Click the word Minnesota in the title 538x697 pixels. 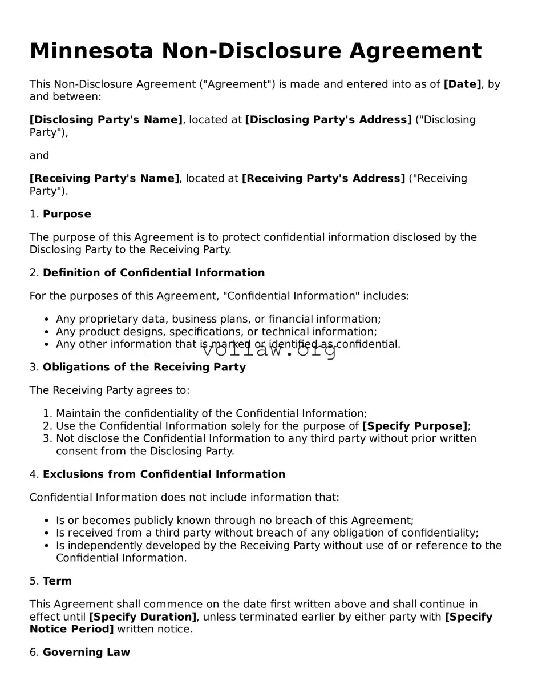(91, 51)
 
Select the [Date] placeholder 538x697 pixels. (462, 84)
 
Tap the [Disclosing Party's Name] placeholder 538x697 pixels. (106, 120)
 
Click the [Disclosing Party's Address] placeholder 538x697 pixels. (328, 120)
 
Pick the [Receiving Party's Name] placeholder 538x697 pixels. (104, 179)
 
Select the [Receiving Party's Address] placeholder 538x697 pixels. (323, 179)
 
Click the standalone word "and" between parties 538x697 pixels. (39, 156)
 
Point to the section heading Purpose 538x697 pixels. (67, 215)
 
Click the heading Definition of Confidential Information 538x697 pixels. (153, 273)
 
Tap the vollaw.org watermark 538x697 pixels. (269, 350)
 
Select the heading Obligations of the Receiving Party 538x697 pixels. (144, 368)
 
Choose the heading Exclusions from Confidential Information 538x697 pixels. (164, 474)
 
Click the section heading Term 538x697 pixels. (57, 581)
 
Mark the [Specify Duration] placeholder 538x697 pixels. (143, 617)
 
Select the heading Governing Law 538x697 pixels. (86, 652)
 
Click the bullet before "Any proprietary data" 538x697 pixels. (46, 320)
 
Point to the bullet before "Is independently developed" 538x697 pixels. (46, 546)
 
